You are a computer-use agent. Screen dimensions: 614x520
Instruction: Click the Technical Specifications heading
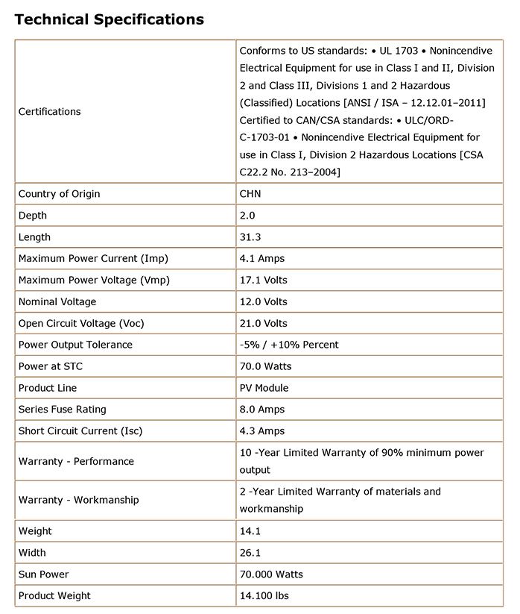tap(110, 19)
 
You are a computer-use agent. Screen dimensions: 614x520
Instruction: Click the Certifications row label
tap(49, 111)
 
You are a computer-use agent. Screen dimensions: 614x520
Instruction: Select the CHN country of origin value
tap(250, 194)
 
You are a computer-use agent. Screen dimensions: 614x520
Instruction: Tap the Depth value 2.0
tap(247, 216)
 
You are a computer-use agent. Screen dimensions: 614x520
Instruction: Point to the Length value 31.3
tap(250, 237)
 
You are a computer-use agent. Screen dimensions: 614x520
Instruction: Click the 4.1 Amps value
tap(261, 259)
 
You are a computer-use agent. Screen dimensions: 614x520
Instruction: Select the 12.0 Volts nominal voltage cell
tap(263, 302)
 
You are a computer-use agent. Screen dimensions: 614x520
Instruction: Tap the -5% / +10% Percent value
tap(289, 345)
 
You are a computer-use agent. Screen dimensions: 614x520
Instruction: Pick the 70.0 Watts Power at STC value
tap(265, 366)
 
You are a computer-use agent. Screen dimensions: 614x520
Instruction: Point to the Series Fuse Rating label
tap(63, 410)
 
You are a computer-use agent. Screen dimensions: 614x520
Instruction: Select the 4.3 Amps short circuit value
tap(261, 431)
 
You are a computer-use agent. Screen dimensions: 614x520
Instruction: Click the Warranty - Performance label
tap(76, 461)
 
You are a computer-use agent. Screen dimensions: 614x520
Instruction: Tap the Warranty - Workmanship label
tap(78, 500)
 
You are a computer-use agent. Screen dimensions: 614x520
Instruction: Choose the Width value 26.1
tap(250, 553)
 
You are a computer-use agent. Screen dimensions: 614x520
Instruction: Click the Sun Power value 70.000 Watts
tap(271, 574)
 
